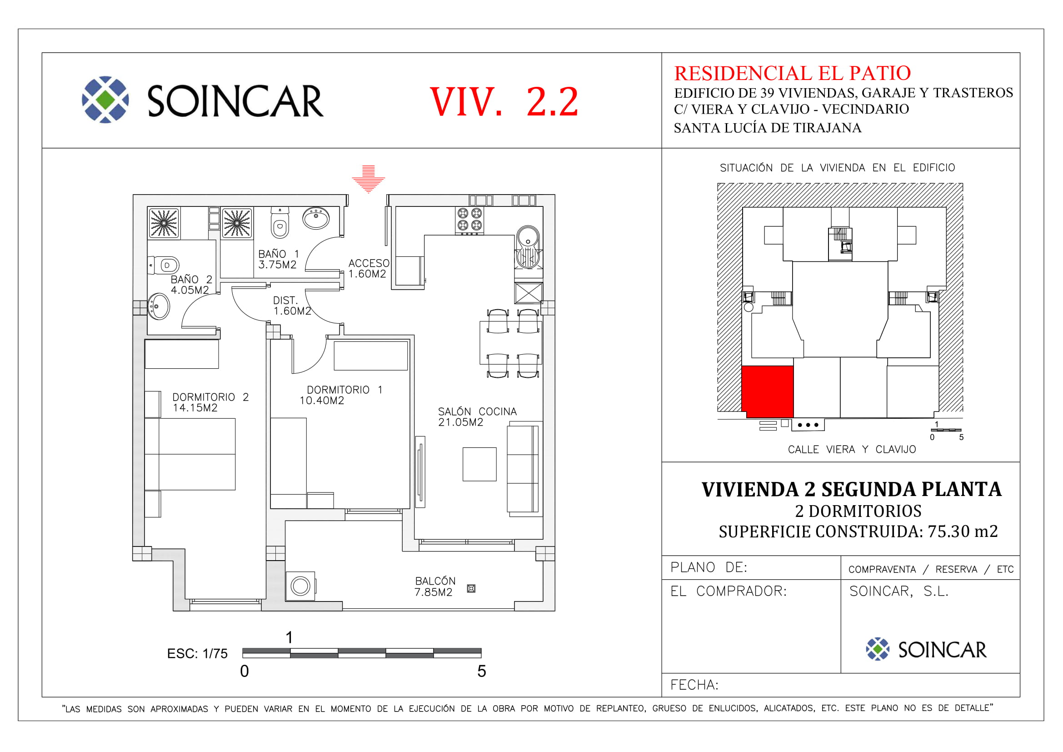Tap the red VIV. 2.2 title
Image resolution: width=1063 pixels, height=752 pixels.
[x=504, y=101]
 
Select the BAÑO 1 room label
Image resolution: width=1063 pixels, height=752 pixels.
[x=279, y=254]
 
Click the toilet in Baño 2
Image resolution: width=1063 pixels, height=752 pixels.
[x=164, y=266]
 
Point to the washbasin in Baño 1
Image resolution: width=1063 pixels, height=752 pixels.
[x=316, y=218]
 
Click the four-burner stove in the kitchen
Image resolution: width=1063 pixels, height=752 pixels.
[x=469, y=220]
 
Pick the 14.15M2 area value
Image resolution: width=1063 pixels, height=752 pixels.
[x=195, y=408]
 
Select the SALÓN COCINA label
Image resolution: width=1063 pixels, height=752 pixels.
[x=477, y=411]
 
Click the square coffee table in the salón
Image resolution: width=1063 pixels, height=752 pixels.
[x=479, y=464]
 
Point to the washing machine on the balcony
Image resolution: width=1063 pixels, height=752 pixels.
[x=300, y=586]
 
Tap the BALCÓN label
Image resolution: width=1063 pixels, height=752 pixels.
[x=435, y=581]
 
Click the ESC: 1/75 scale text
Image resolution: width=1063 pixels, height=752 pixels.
[x=197, y=654]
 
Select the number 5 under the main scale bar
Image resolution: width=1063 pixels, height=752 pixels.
[x=481, y=672]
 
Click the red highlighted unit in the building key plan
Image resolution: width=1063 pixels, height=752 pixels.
[x=768, y=392]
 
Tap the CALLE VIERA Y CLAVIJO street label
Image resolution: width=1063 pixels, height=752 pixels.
[x=852, y=450]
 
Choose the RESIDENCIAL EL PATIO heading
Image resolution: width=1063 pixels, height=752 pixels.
[x=792, y=73]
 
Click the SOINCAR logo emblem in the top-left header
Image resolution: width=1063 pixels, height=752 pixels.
[x=105, y=100]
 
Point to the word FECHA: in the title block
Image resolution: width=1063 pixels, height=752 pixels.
[x=694, y=685]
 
